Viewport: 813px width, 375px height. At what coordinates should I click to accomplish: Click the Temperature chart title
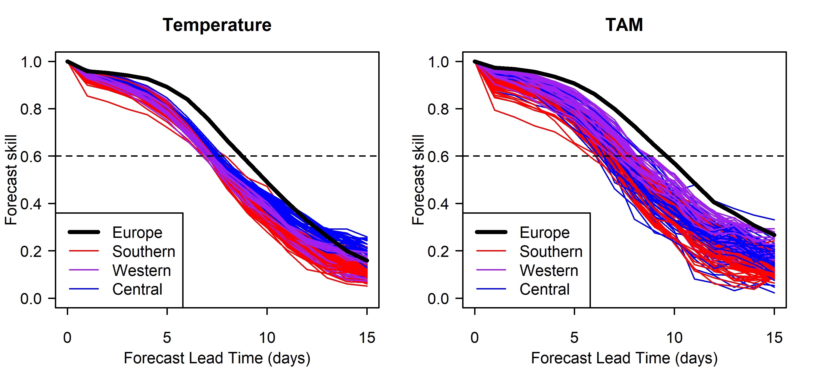point(217,25)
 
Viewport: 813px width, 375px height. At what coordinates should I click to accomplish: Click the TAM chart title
point(624,25)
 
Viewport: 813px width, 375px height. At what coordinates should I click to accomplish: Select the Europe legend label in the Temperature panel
point(137,233)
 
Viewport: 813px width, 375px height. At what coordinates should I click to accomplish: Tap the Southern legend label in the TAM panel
point(551,251)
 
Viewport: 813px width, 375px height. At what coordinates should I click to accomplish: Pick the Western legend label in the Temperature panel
point(141,270)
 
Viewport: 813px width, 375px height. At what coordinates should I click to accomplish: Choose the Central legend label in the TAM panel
point(544,289)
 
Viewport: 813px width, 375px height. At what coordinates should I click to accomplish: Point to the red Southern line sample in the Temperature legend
point(84,251)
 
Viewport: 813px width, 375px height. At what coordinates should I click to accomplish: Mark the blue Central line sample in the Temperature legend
point(84,289)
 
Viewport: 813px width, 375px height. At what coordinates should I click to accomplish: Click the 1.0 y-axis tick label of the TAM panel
point(438,62)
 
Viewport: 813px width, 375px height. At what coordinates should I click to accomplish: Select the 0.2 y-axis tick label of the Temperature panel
point(31,251)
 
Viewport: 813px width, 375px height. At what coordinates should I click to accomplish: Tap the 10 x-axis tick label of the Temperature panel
point(267,338)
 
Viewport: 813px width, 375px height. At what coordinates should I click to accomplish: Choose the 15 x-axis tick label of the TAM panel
point(774,338)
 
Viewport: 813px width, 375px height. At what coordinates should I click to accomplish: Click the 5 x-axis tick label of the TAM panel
point(574,338)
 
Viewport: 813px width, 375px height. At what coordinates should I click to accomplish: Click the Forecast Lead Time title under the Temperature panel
point(217,358)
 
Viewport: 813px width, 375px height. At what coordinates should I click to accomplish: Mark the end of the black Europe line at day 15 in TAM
point(774,235)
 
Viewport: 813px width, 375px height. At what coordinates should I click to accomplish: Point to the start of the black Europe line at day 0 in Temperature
point(68,62)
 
